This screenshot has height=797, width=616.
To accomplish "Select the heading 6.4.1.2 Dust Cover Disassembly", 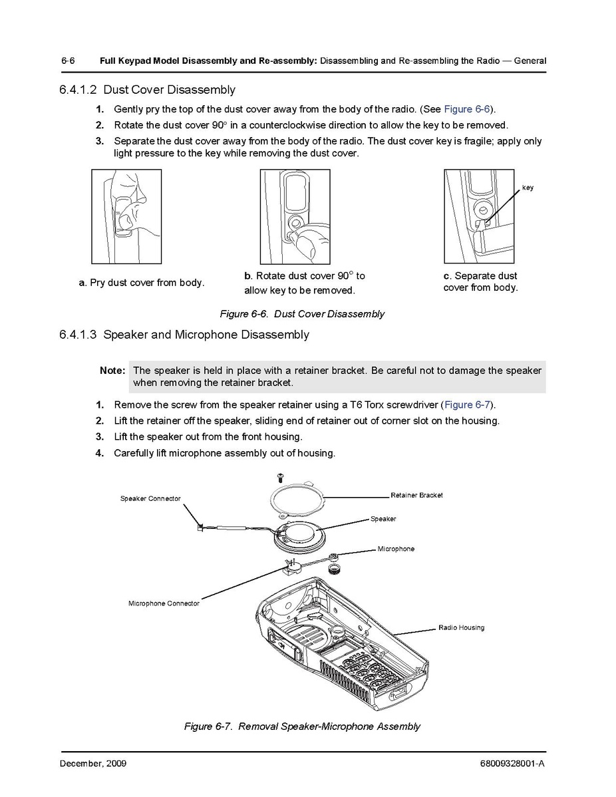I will point(147,90).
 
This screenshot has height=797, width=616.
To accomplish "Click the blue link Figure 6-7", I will point(468,404).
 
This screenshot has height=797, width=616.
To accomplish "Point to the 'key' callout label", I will point(528,188).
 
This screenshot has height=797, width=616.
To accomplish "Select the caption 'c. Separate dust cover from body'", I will point(480,281).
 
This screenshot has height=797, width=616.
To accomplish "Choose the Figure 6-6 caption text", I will point(302,314).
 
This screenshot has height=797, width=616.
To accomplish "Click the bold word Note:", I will point(112,371).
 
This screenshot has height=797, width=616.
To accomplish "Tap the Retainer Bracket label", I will point(416,495).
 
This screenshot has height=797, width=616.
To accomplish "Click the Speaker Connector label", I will point(150,498).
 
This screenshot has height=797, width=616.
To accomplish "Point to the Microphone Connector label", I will point(164,603).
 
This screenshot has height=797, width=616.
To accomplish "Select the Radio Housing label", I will point(461,627).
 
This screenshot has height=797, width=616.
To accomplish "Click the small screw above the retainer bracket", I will point(280,476).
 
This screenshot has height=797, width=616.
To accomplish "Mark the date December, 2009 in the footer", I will point(93,763).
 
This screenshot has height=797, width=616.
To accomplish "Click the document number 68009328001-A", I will point(512,763).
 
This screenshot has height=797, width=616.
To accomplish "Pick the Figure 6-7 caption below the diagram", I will point(302,726).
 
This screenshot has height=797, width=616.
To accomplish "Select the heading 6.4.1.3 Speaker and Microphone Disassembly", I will point(184,335).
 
